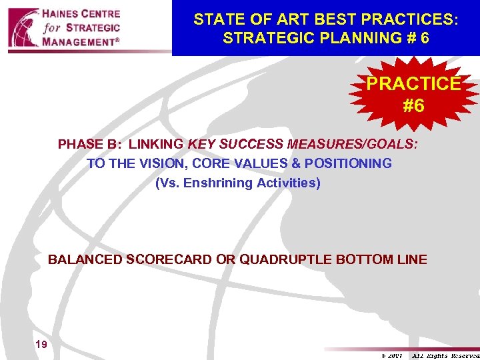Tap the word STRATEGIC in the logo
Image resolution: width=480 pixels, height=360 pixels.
coord(93,28)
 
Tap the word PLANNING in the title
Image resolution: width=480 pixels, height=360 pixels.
coord(359,39)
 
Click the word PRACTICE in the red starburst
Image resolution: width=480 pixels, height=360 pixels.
coord(413,84)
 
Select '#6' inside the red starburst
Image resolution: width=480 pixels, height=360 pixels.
coord(413,105)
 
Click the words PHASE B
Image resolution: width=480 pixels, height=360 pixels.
coord(90,144)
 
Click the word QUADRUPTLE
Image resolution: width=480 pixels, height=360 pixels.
coord(283,259)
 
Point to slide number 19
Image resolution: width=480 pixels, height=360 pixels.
coord(40,344)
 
